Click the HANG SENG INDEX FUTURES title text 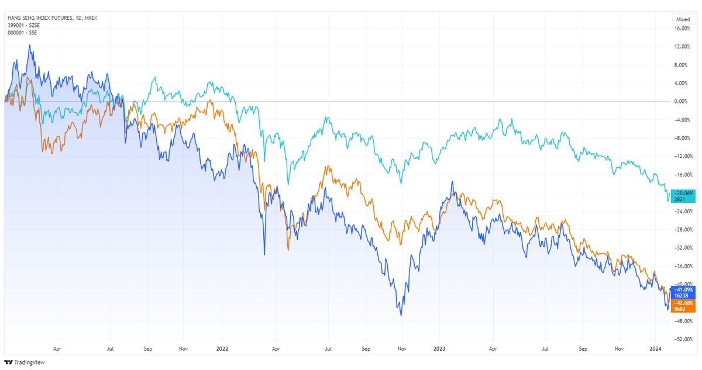(x=39, y=18)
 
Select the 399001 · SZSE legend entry (x=21, y=25)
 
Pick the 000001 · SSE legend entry (x=20, y=32)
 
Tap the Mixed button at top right (x=682, y=19)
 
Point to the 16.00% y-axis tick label (x=683, y=28)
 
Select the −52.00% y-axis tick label (x=683, y=339)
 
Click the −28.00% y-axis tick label (x=683, y=229)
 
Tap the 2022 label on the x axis (x=222, y=349)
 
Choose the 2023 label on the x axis (x=439, y=349)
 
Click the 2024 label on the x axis (x=656, y=349)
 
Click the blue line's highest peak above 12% (x=30, y=45)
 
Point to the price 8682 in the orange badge (x=680, y=309)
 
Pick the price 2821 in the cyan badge (x=680, y=199)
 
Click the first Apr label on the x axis (x=57, y=349)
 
